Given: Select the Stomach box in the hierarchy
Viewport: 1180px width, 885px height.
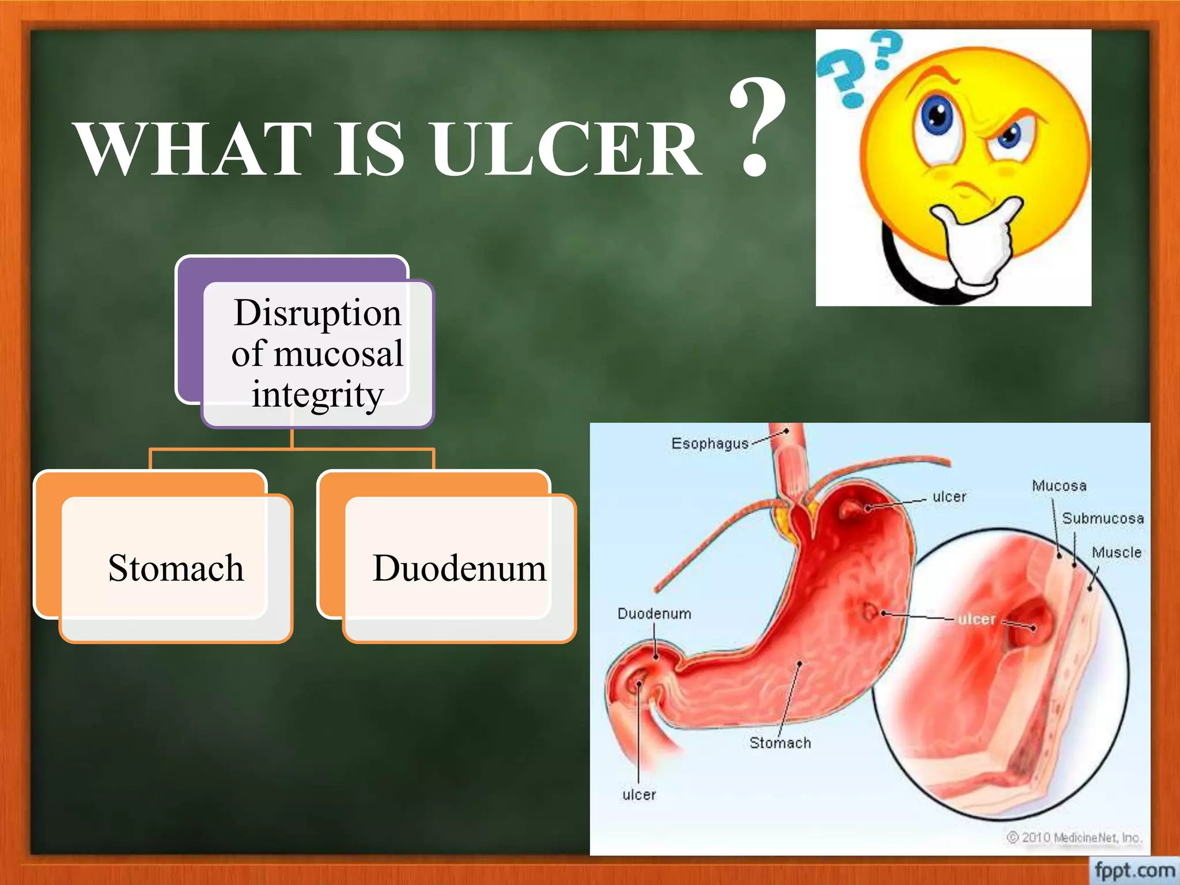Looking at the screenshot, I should click(x=175, y=568).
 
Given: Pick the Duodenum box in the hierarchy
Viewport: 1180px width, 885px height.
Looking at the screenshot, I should click(x=459, y=568).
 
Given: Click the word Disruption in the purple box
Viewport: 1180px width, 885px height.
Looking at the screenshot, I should click(x=317, y=313).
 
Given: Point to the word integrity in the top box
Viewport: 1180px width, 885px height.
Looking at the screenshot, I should click(x=317, y=395).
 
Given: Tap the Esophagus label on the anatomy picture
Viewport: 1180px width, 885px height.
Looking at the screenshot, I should click(x=709, y=444).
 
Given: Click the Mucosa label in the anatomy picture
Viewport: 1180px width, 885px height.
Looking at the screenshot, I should click(x=1059, y=486).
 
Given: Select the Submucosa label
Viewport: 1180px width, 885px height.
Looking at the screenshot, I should click(x=1103, y=519).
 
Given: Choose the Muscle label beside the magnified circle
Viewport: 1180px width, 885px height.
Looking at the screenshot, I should click(x=1116, y=553).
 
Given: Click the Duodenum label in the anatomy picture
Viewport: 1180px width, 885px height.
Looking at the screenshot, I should click(x=654, y=614).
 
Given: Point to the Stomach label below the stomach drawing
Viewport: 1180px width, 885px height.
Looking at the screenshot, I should click(x=780, y=743).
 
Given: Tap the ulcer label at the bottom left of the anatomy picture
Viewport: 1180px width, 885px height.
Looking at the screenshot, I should click(x=639, y=795).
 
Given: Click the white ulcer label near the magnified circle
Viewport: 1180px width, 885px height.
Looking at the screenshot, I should click(x=977, y=619).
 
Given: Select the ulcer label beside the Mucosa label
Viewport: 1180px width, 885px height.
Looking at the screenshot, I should click(x=949, y=497).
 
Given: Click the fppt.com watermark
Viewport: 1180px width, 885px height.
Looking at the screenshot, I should click(x=1134, y=869).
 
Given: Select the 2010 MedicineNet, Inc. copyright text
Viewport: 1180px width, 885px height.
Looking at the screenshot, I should click(x=1075, y=837).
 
